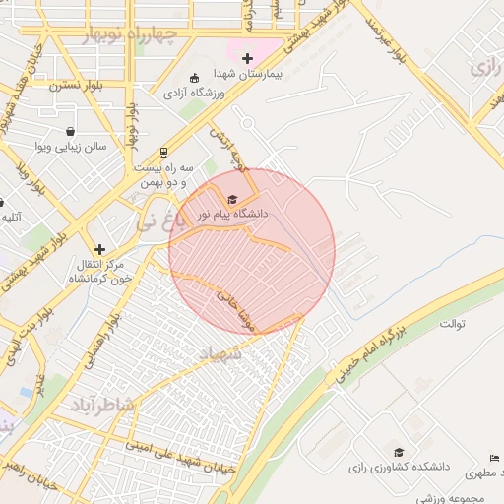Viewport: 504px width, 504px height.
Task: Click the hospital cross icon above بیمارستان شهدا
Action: [x=247, y=58]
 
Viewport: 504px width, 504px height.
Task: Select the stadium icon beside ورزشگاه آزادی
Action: [x=194, y=78]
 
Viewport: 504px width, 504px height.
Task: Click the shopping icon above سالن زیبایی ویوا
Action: [x=70, y=131]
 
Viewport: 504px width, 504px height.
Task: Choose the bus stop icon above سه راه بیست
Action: [x=163, y=153]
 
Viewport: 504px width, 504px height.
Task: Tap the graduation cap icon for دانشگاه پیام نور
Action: [x=232, y=200]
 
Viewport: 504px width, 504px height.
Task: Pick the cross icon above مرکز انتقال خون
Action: [x=99, y=250]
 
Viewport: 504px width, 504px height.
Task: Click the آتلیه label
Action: [x=12, y=217]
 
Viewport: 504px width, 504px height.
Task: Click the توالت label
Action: [x=451, y=323]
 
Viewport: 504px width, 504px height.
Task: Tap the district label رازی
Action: [x=484, y=68]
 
